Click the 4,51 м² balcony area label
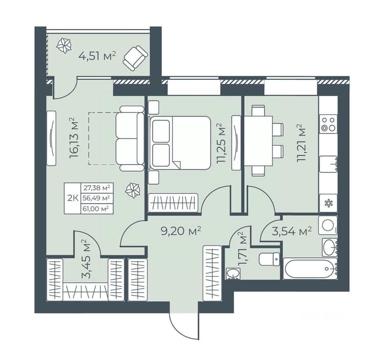click(97, 56)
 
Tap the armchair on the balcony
click(135, 58)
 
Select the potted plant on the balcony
click(64, 46)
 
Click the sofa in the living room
click(130, 138)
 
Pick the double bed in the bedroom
click(180, 143)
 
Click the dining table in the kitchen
click(259, 141)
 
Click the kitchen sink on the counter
click(329, 164)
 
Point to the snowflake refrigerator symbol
click(328, 203)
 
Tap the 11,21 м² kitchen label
click(302, 143)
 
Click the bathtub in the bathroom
click(310, 268)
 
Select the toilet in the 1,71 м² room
click(269, 259)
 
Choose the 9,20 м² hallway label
click(181, 231)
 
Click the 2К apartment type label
click(73, 198)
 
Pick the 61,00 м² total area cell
click(96, 209)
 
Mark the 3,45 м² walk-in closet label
click(86, 259)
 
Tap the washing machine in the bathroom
click(328, 226)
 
